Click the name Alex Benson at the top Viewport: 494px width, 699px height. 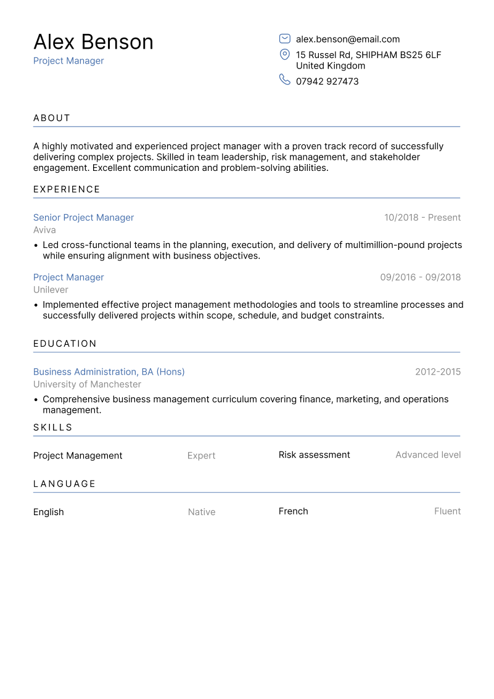pos(93,42)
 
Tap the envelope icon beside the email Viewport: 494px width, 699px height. pos(285,39)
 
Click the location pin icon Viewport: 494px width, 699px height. pos(285,55)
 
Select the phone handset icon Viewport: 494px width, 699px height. pos(285,80)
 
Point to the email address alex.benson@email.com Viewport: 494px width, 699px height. pos(348,39)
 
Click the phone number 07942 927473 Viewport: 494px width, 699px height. pos(327,81)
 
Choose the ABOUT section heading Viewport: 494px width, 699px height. pos(52,118)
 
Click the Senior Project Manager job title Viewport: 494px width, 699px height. pos(83,218)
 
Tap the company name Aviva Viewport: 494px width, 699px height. pos(44,230)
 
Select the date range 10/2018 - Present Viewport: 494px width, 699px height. pos(422,218)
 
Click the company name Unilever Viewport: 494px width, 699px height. pos(51,290)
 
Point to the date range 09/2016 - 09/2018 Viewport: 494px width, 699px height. pos(420,278)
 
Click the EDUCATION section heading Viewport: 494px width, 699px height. pos(65,344)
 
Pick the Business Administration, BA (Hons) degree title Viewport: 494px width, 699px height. pos(109,372)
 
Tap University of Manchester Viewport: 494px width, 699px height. pos(87,384)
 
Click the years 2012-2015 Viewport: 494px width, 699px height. pos(437,372)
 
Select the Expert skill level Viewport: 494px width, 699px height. pos(201,456)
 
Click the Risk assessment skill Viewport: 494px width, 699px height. pos(314,455)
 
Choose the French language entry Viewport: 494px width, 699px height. pos(293,511)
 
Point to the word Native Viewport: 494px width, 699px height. pos(201,512)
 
